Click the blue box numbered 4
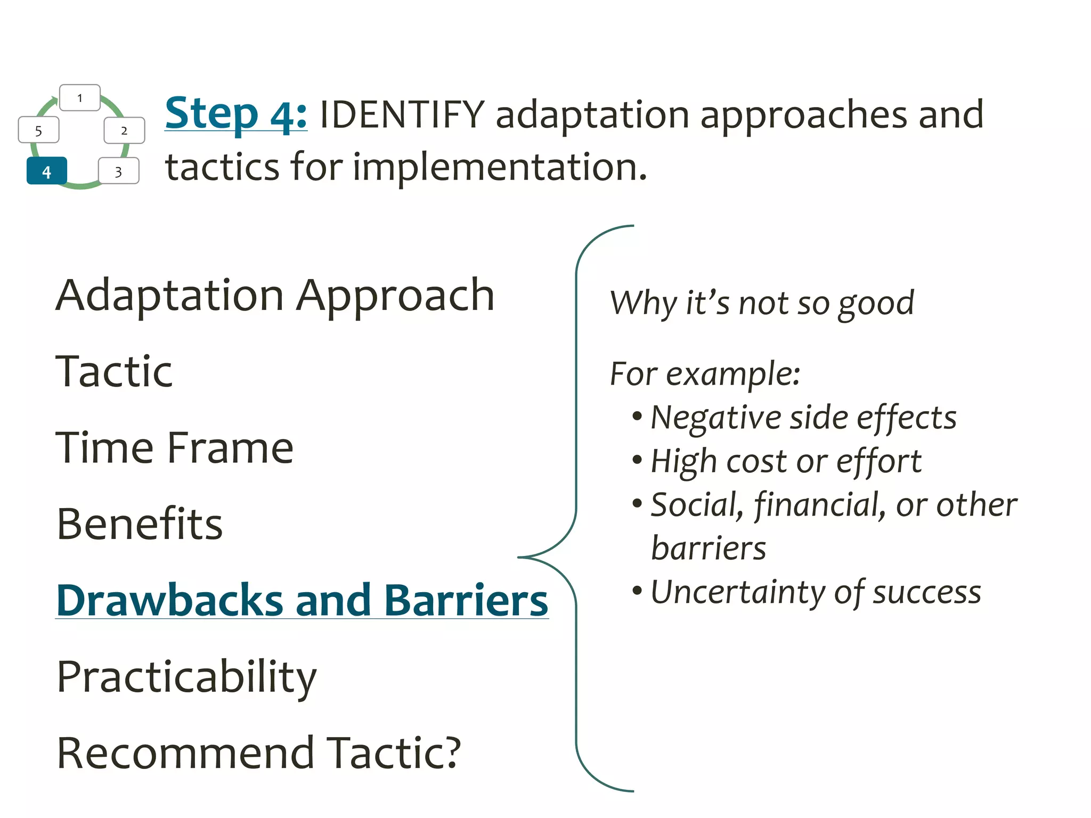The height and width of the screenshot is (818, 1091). (x=47, y=171)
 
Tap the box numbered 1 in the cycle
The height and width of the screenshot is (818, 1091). (x=80, y=98)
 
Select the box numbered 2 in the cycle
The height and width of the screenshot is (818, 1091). (x=124, y=130)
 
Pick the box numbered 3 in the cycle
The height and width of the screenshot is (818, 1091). (x=119, y=171)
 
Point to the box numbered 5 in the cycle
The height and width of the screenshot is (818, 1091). (x=38, y=131)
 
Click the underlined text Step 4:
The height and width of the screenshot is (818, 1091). (x=235, y=114)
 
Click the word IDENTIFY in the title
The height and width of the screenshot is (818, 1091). (x=402, y=115)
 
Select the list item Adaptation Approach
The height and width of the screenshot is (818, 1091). (x=275, y=296)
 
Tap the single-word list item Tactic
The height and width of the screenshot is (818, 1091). (x=114, y=372)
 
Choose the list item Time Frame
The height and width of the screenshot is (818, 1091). (x=175, y=448)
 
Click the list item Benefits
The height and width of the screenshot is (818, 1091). (x=140, y=524)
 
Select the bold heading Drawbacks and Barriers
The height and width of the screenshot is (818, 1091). (x=302, y=601)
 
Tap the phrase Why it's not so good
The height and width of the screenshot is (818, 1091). (x=762, y=304)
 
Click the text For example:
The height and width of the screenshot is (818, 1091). (x=705, y=374)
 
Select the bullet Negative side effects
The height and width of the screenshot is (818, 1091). (x=803, y=418)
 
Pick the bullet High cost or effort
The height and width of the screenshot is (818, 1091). (x=786, y=461)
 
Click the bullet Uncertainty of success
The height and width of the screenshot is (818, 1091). (x=815, y=592)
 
